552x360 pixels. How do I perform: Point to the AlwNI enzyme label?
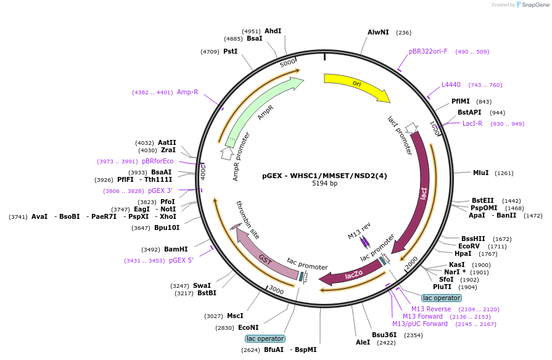[x=378, y=33]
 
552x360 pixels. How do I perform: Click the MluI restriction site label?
[x=480, y=173]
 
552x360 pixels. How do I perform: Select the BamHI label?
[x=176, y=249]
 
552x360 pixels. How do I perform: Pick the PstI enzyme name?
[x=230, y=51]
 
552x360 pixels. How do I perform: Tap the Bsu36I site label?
[x=384, y=335]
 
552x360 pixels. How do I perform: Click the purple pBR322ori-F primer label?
[x=428, y=51]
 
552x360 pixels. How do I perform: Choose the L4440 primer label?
[x=451, y=85]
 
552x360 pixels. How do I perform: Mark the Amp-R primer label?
[x=187, y=92]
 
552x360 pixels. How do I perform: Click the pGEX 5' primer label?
[x=181, y=260]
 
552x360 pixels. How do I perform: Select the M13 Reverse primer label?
[x=431, y=309]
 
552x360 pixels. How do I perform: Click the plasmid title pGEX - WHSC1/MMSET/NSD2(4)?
[x=324, y=176]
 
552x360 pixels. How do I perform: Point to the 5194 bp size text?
[x=324, y=183]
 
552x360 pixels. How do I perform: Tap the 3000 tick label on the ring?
[x=276, y=290]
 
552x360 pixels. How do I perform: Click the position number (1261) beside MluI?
[x=504, y=173]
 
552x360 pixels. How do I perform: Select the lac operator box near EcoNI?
[x=265, y=338]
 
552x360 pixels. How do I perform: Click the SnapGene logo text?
[x=535, y=4]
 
